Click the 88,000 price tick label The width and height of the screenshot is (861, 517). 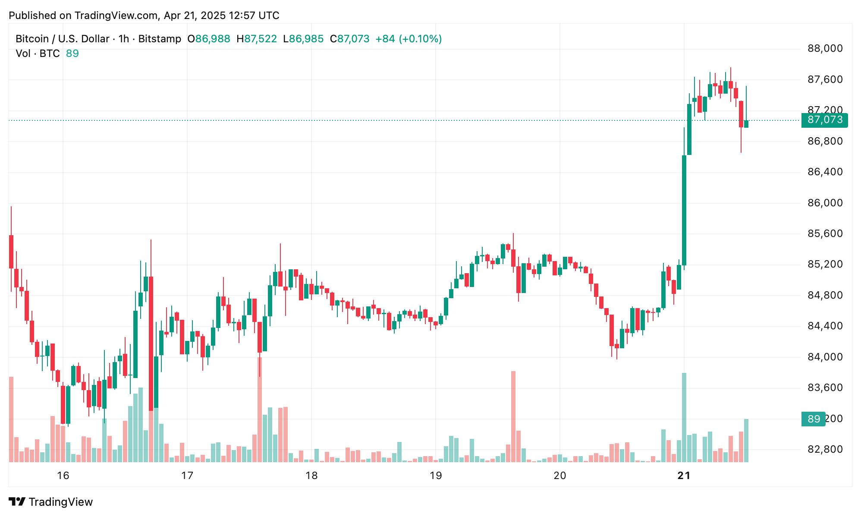[825, 48]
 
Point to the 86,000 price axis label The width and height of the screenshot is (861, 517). [825, 203]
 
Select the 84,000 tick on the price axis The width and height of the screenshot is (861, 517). [825, 357]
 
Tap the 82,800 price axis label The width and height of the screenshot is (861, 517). [825, 449]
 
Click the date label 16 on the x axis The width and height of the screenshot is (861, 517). [63, 476]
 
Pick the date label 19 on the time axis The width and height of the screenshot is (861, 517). [436, 476]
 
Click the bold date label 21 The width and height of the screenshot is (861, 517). [684, 476]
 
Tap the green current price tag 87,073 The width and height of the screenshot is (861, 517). [824, 120]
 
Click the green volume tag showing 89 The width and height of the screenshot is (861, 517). [813, 419]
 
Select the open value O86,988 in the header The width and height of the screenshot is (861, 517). [209, 39]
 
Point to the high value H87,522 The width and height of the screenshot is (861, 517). [257, 39]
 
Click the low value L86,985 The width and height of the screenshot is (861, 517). [303, 39]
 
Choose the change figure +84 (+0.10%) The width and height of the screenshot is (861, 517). [409, 39]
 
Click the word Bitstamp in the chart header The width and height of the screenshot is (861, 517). [160, 39]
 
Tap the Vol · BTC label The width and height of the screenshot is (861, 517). [38, 54]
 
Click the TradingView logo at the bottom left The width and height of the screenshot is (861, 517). [51, 502]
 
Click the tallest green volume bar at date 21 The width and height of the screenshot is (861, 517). [684, 417]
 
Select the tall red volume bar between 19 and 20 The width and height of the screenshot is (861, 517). [513, 416]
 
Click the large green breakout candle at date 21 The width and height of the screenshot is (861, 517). [684, 210]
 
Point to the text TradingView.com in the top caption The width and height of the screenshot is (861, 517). [116, 16]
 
